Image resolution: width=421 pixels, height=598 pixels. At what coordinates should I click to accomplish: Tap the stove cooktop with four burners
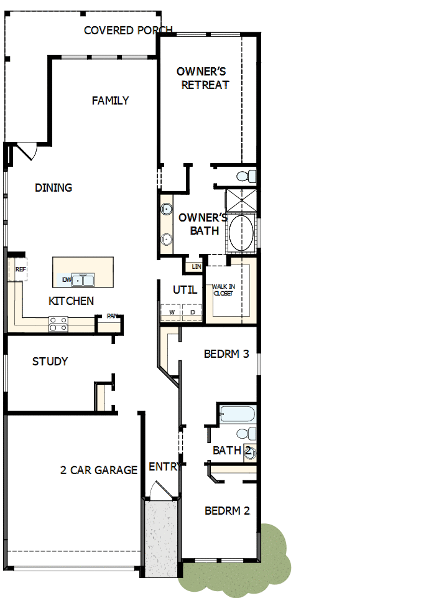click(x=58, y=324)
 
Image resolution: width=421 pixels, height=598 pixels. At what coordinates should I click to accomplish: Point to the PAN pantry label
click(x=112, y=316)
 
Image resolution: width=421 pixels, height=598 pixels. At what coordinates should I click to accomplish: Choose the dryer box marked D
click(x=192, y=312)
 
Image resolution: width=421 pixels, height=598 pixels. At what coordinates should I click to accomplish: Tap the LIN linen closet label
click(x=196, y=266)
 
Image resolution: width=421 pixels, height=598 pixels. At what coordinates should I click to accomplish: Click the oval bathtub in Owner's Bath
click(x=241, y=233)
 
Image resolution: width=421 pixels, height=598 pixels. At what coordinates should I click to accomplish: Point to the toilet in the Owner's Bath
click(x=249, y=175)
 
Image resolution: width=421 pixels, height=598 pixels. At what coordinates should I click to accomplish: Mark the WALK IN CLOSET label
click(x=223, y=290)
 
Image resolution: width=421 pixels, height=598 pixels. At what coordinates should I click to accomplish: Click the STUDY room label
click(x=50, y=362)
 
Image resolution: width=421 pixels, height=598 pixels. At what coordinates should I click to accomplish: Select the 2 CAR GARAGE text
click(x=99, y=470)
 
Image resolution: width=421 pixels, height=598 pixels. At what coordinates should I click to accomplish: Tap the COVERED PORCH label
click(x=128, y=30)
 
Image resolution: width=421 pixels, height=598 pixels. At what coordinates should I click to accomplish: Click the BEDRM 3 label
click(x=226, y=354)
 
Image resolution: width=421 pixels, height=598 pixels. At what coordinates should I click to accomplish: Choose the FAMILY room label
click(x=110, y=101)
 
